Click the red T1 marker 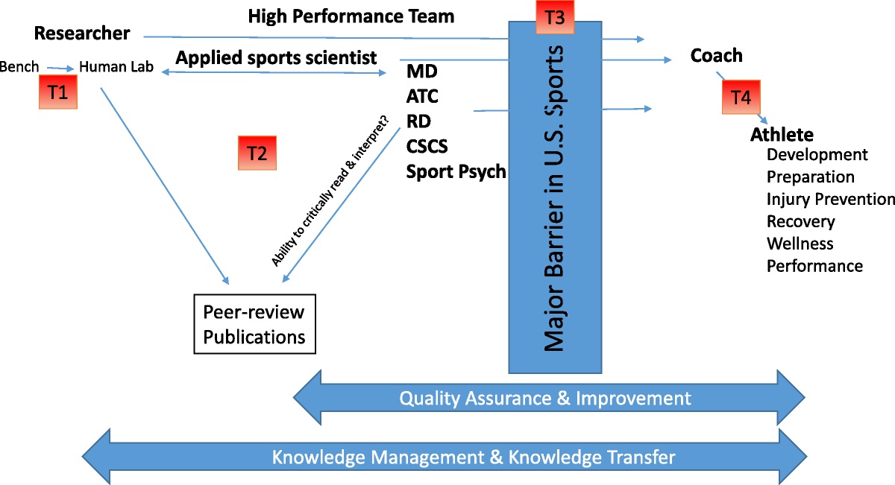pyautogui.click(x=57, y=93)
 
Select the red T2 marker pyautogui.click(x=257, y=153)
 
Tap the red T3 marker pyautogui.click(x=555, y=16)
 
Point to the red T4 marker pyautogui.click(x=741, y=97)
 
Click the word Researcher pyautogui.click(x=82, y=34)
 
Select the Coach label pyautogui.click(x=716, y=55)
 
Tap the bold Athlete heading pyautogui.click(x=782, y=135)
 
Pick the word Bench pyautogui.click(x=19, y=67)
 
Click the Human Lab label pyautogui.click(x=116, y=67)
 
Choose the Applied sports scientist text pyautogui.click(x=276, y=57)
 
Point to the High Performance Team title pyautogui.click(x=351, y=15)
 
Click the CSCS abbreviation pyautogui.click(x=427, y=145)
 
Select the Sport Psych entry pyautogui.click(x=456, y=171)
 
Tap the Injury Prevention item pyautogui.click(x=830, y=199)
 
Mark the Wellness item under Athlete pyautogui.click(x=800, y=244)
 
